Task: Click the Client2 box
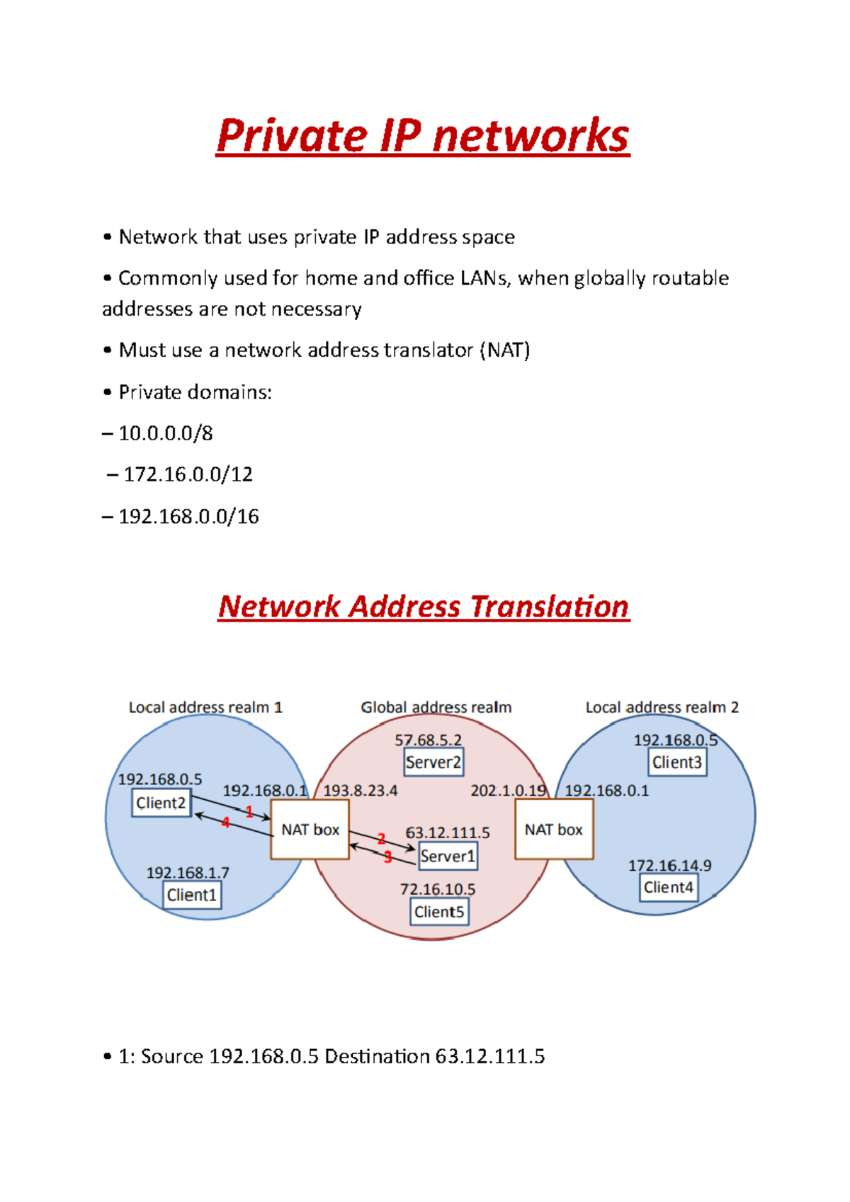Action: [161, 803]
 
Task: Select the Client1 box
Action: [191, 895]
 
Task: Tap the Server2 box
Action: [433, 762]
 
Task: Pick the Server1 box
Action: [448, 856]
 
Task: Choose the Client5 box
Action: [439, 912]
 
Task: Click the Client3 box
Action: [677, 762]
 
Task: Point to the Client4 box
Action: [669, 887]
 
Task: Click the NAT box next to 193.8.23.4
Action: [310, 830]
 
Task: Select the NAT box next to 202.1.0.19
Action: [554, 830]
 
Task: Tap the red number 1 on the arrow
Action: [249, 812]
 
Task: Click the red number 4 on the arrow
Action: [225, 823]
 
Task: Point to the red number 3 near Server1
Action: [387, 857]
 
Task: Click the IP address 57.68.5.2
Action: [428, 740]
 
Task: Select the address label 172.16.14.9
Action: [669, 866]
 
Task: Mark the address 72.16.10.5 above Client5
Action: [438, 889]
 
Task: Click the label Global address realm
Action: [436, 707]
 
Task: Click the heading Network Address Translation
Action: [424, 607]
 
